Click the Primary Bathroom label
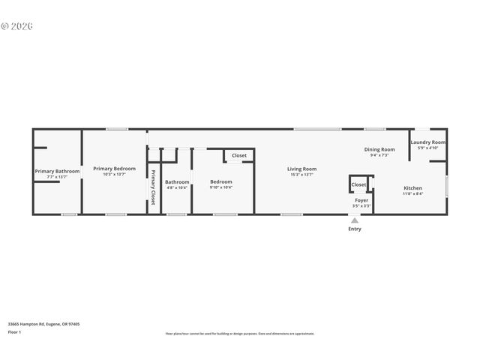pos(57,171)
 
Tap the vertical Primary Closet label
pos(153,188)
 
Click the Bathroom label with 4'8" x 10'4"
pos(177,182)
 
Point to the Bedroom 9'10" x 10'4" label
pos(220,181)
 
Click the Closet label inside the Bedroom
pos(238,156)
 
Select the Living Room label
pos(301,169)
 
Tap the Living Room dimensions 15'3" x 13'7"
pos(301,175)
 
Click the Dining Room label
pos(379,149)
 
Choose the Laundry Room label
pos(427,142)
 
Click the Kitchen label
pos(412,187)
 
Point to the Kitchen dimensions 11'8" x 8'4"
pos(412,193)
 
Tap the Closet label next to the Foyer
pos(358,184)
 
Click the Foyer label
pos(361,200)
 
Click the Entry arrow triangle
pos(354,220)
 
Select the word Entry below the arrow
pos(354,229)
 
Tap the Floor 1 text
pos(14,331)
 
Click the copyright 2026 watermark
pos(16,26)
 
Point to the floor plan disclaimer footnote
pos(240,334)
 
